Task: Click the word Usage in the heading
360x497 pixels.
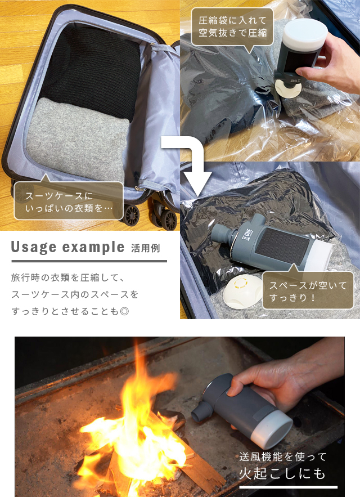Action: (x=34, y=247)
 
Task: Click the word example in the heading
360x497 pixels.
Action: (x=93, y=248)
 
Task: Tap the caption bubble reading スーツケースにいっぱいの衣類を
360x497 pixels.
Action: (x=69, y=200)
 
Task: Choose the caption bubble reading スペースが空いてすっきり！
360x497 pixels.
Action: (x=308, y=289)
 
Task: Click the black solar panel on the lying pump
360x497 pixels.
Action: (x=282, y=244)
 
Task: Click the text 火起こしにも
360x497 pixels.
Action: (x=282, y=473)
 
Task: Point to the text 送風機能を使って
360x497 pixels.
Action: (x=283, y=456)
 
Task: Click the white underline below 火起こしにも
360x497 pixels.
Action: (x=288, y=487)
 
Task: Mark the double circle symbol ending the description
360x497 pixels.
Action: (x=124, y=311)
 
